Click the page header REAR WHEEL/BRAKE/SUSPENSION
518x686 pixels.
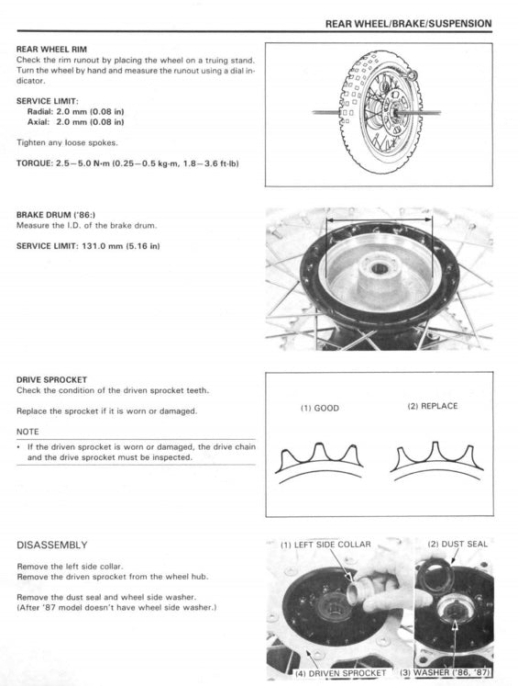(408, 23)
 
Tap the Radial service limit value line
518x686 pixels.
(76, 111)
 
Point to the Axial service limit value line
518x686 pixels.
(76, 121)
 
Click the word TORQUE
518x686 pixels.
(34, 163)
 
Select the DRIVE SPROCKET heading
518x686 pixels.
(51, 378)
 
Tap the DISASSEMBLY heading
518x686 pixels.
(52, 545)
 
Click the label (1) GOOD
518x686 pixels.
(320, 409)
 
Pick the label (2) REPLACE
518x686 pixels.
(432, 406)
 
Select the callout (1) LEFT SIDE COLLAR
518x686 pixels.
(325, 545)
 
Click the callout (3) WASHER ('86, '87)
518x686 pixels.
(446, 674)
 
